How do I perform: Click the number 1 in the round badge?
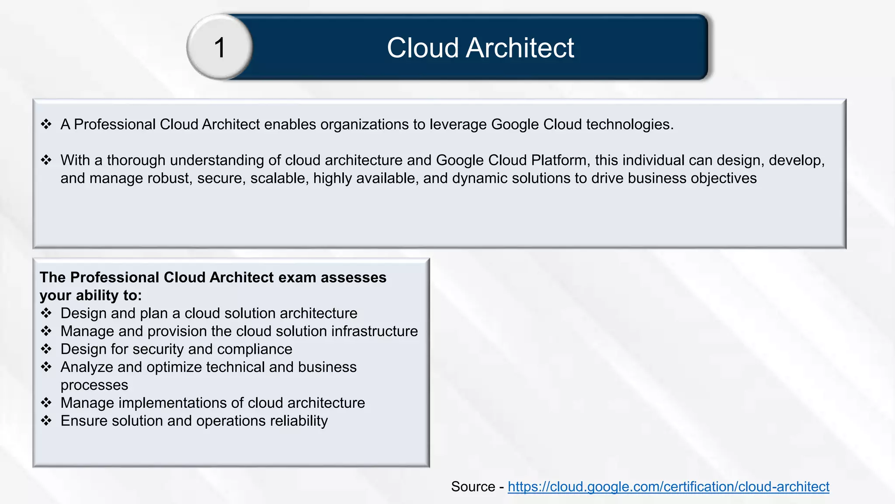point(220,47)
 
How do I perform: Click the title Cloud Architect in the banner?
point(480,47)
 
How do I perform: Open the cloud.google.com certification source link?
point(668,486)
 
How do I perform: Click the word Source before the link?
point(473,486)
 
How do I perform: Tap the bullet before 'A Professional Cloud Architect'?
point(46,124)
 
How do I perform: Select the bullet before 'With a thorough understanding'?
point(46,160)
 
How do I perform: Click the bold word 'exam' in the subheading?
point(297,277)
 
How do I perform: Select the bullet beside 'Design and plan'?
point(46,313)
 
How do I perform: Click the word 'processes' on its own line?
point(94,385)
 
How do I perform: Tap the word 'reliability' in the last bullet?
point(298,421)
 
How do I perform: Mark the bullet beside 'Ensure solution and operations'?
point(46,421)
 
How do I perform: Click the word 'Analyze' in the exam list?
point(87,367)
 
